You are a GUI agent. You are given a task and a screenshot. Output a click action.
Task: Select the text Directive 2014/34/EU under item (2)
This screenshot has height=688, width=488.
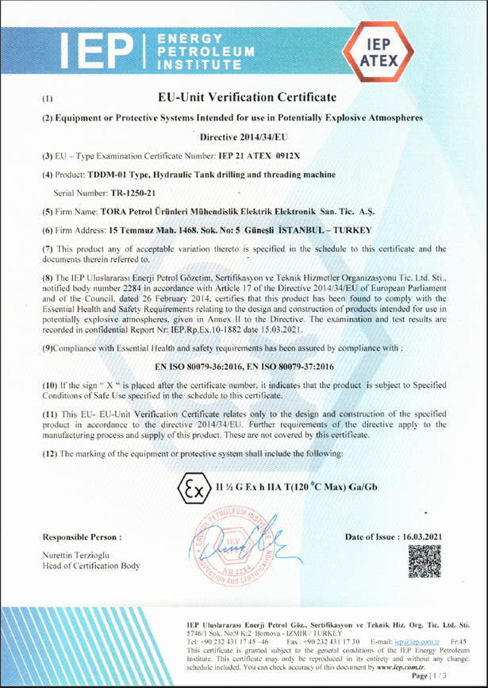point(243,136)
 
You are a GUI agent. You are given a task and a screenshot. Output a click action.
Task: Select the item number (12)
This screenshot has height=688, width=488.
point(49,453)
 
